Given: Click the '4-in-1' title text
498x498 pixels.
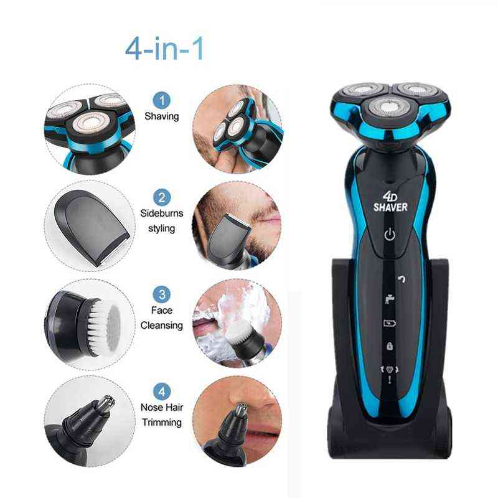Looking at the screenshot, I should tap(164, 50).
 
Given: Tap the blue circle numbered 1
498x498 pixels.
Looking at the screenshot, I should tap(162, 100).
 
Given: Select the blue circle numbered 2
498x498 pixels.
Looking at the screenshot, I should tap(162, 198).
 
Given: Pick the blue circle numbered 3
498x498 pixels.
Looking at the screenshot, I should tap(162, 294).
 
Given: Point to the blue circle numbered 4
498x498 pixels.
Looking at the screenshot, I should tap(162, 392).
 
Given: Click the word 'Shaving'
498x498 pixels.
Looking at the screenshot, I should tap(162, 116).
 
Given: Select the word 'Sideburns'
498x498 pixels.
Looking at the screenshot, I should tap(162, 214).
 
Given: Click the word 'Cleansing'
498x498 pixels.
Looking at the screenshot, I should tap(162, 325).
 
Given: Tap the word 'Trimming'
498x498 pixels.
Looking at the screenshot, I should tap(162, 423).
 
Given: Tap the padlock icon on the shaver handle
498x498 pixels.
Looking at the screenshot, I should tap(389, 345).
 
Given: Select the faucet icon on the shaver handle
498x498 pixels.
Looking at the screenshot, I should tap(388, 299).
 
